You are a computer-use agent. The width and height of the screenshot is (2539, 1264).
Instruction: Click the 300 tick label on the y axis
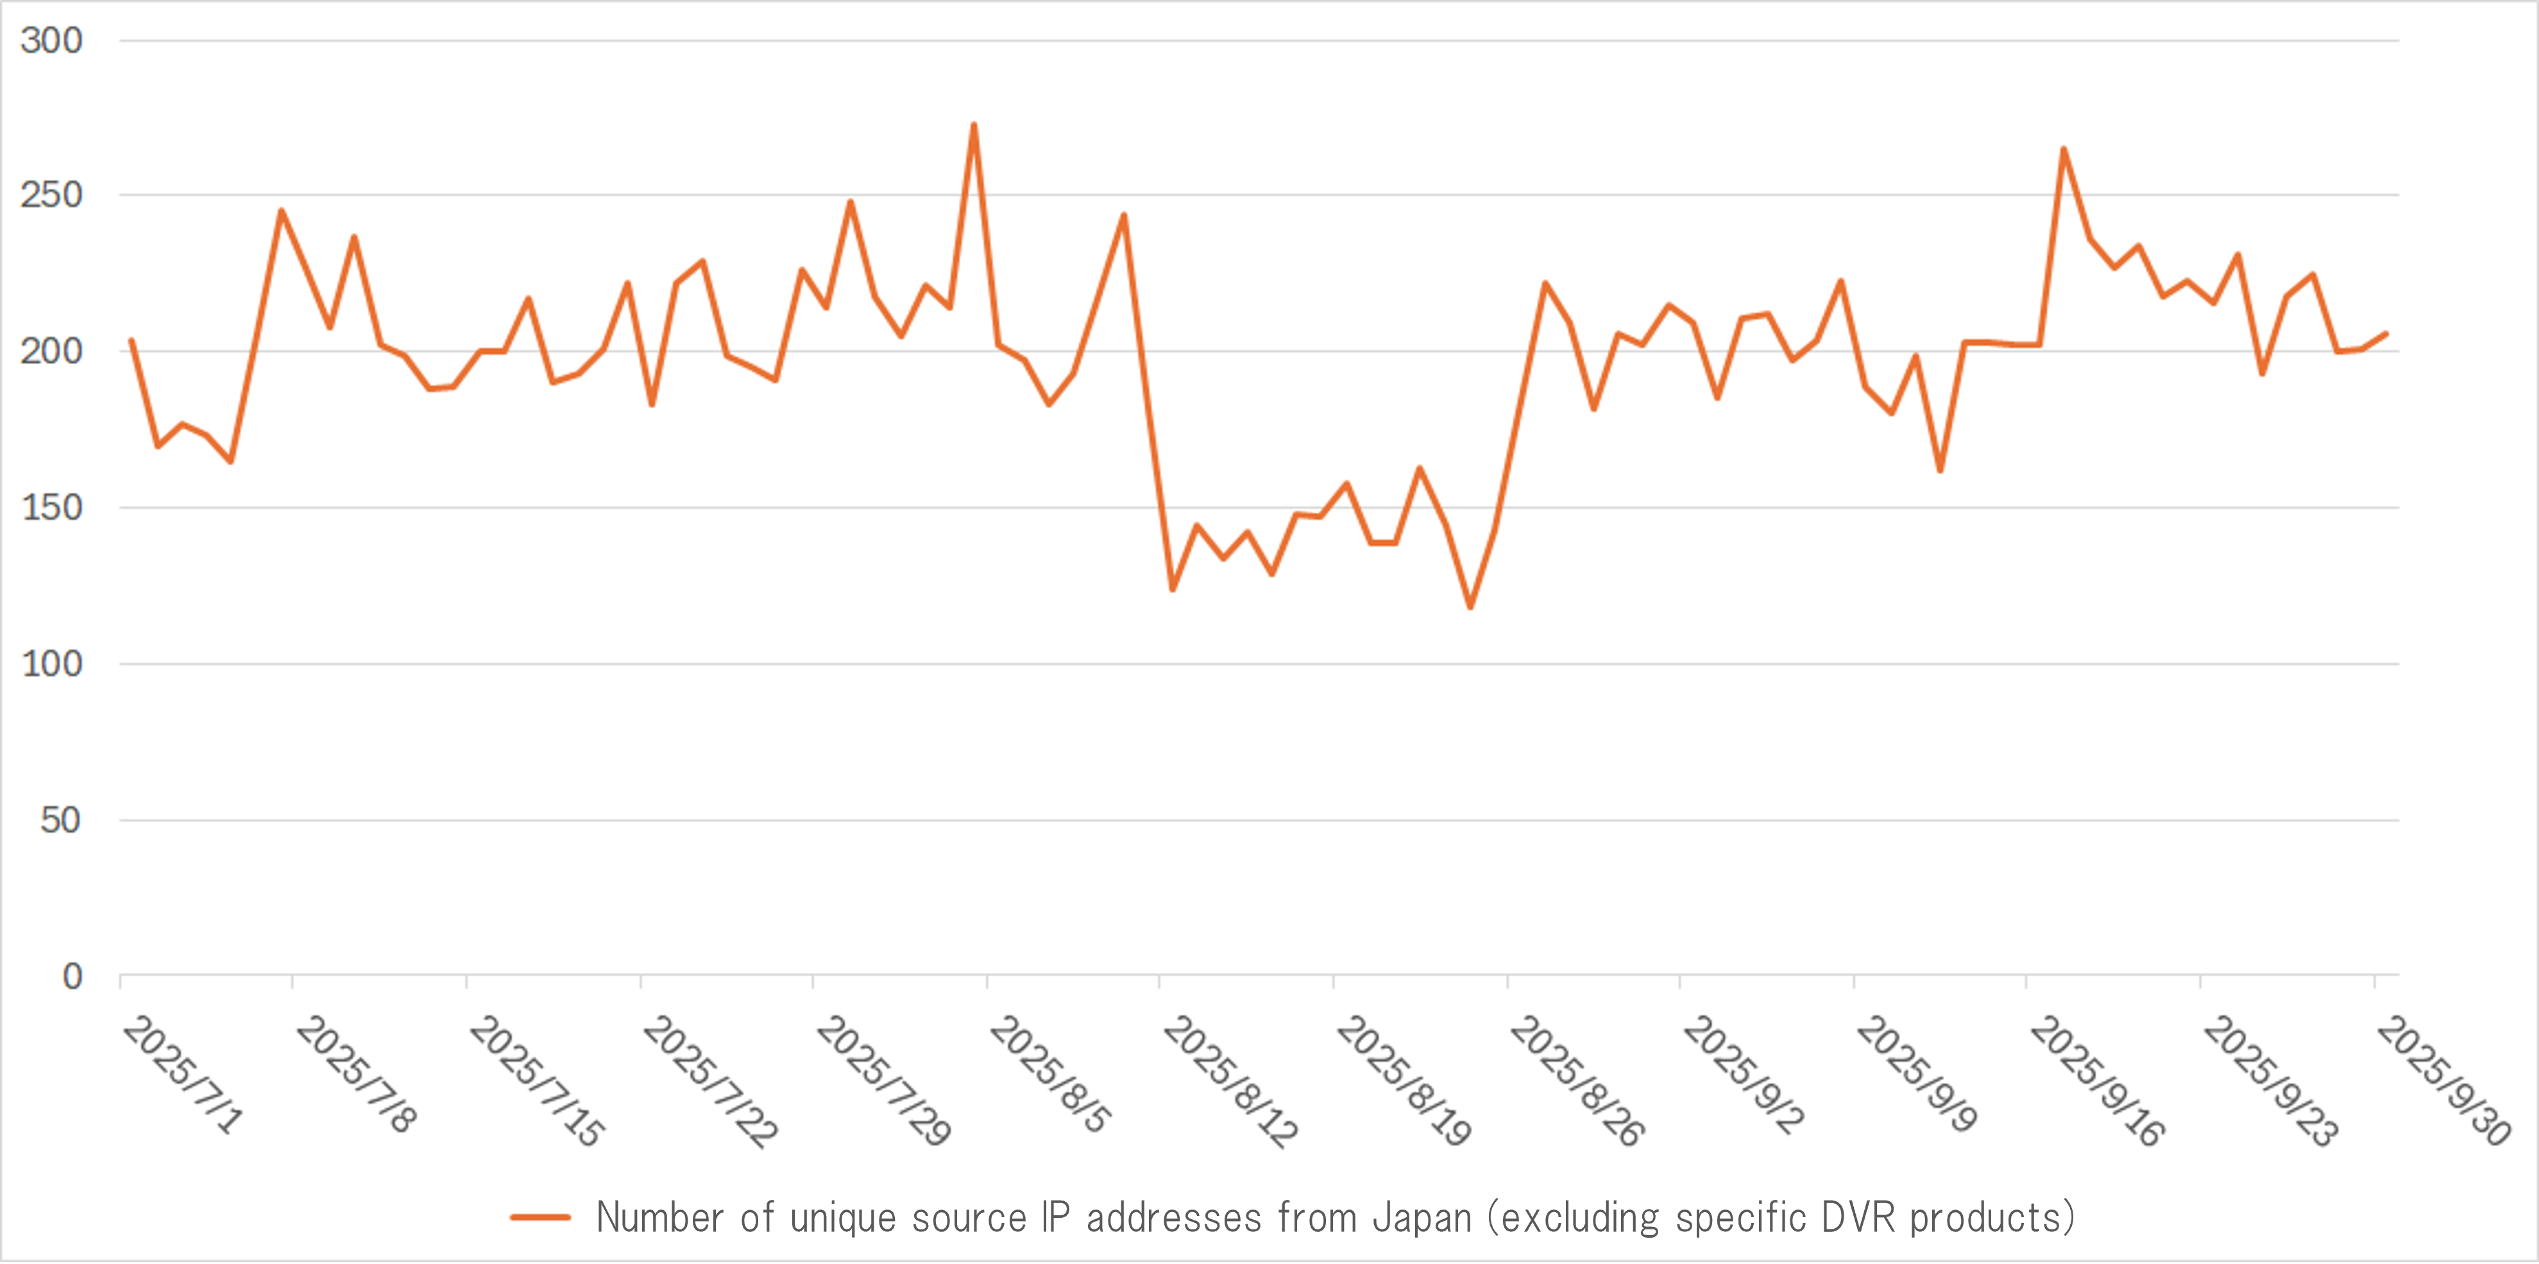(x=51, y=40)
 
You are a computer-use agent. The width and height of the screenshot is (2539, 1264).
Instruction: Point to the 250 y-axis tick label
(x=51, y=195)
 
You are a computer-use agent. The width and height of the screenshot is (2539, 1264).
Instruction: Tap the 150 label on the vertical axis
(x=51, y=508)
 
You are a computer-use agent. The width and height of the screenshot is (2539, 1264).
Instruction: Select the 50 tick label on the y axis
(x=60, y=820)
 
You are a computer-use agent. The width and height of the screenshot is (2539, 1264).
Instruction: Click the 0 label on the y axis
(x=72, y=976)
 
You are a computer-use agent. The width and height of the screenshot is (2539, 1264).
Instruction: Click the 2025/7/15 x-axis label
(x=537, y=1082)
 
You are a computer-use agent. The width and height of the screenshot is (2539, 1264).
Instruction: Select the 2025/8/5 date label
(x=1051, y=1075)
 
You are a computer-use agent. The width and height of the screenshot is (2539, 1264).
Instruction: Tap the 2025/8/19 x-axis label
(x=1404, y=1082)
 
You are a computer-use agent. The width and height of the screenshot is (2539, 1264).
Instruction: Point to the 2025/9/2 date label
(x=1744, y=1075)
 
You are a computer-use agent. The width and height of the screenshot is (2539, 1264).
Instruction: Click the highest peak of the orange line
(x=974, y=125)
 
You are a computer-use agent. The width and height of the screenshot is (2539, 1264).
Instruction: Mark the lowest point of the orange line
(x=1470, y=607)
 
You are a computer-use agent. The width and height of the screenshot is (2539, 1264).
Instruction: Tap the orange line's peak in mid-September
(x=2064, y=150)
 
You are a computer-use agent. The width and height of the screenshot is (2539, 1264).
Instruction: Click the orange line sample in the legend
(x=540, y=1218)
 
